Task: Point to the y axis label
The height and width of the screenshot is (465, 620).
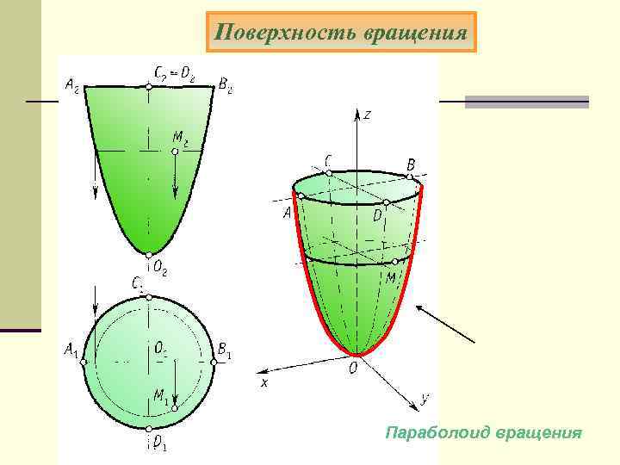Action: [x=425, y=398]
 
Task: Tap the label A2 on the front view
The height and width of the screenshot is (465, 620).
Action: [x=73, y=84]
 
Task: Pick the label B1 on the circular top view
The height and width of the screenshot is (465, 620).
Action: [x=225, y=351]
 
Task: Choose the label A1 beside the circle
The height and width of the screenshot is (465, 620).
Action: [x=71, y=351]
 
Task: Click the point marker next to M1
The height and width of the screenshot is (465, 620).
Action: [x=174, y=405]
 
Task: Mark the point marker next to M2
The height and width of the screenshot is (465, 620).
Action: [x=174, y=151]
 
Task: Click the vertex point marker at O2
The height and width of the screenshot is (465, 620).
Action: [x=149, y=255]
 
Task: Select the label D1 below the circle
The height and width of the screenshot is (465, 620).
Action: [x=159, y=444]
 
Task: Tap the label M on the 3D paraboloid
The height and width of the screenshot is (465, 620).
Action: [x=391, y=278]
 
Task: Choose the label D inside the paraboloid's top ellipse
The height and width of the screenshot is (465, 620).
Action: [x=377, y=215]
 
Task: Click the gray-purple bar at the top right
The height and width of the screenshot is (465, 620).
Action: [x=526, y=102]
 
